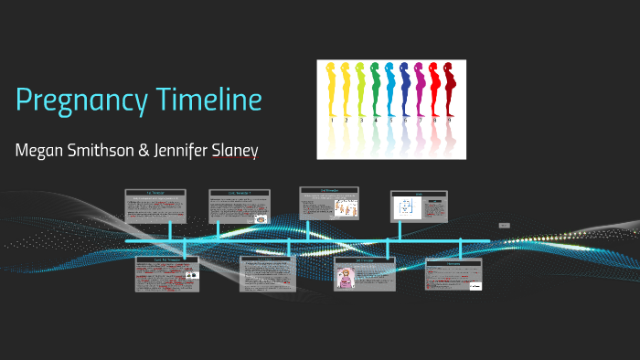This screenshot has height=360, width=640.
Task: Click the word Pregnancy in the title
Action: point(80,101)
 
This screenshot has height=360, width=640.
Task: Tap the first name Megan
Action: point(39,149)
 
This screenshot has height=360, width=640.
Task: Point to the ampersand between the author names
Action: point(144,149)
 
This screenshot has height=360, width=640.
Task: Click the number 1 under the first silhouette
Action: point(332,120)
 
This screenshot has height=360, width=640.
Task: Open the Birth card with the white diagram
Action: point(419,206)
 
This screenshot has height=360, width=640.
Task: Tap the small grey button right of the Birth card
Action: point(504,225)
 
